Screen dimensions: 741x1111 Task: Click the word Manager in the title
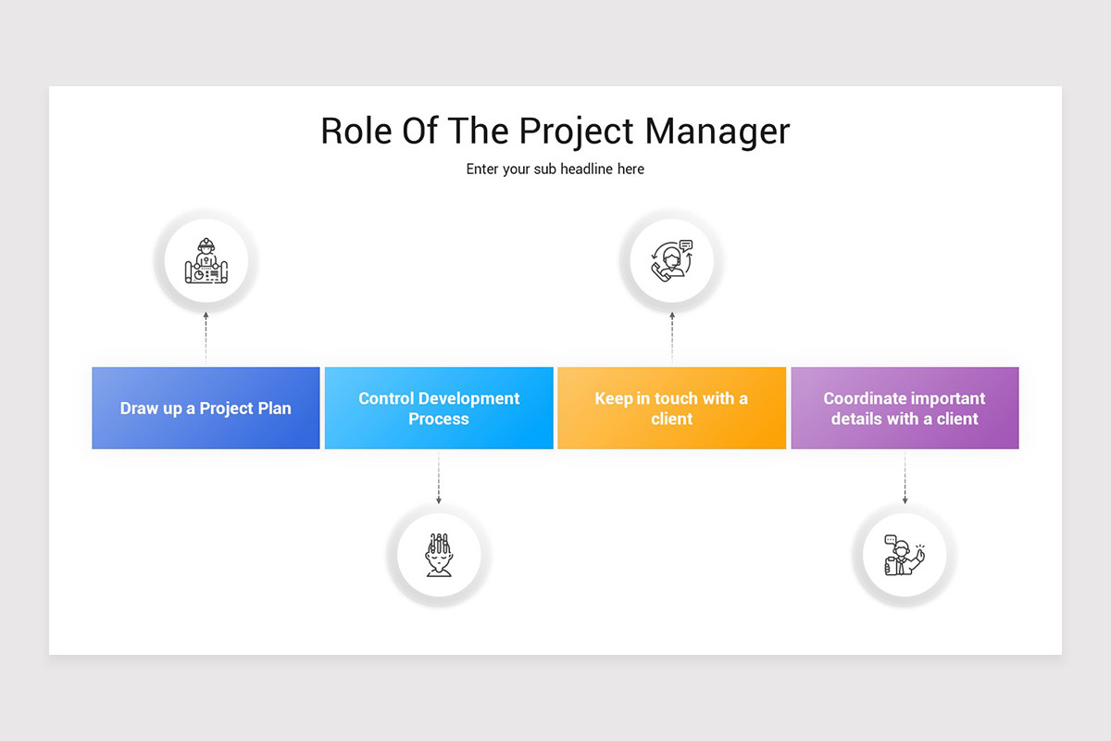point(718,131)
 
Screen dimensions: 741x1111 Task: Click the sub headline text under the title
point(555,170)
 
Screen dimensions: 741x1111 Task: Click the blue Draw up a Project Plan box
point(206,408)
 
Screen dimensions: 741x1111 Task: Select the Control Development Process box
point(439,408)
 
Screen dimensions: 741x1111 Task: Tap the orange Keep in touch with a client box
point(671,408)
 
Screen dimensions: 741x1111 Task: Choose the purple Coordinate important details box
point(905,408)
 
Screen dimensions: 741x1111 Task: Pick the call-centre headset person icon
point(672,261)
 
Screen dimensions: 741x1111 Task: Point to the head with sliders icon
point(439,555)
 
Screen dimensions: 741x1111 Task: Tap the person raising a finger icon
point(905,556)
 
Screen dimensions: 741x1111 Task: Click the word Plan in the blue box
point(274,408)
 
